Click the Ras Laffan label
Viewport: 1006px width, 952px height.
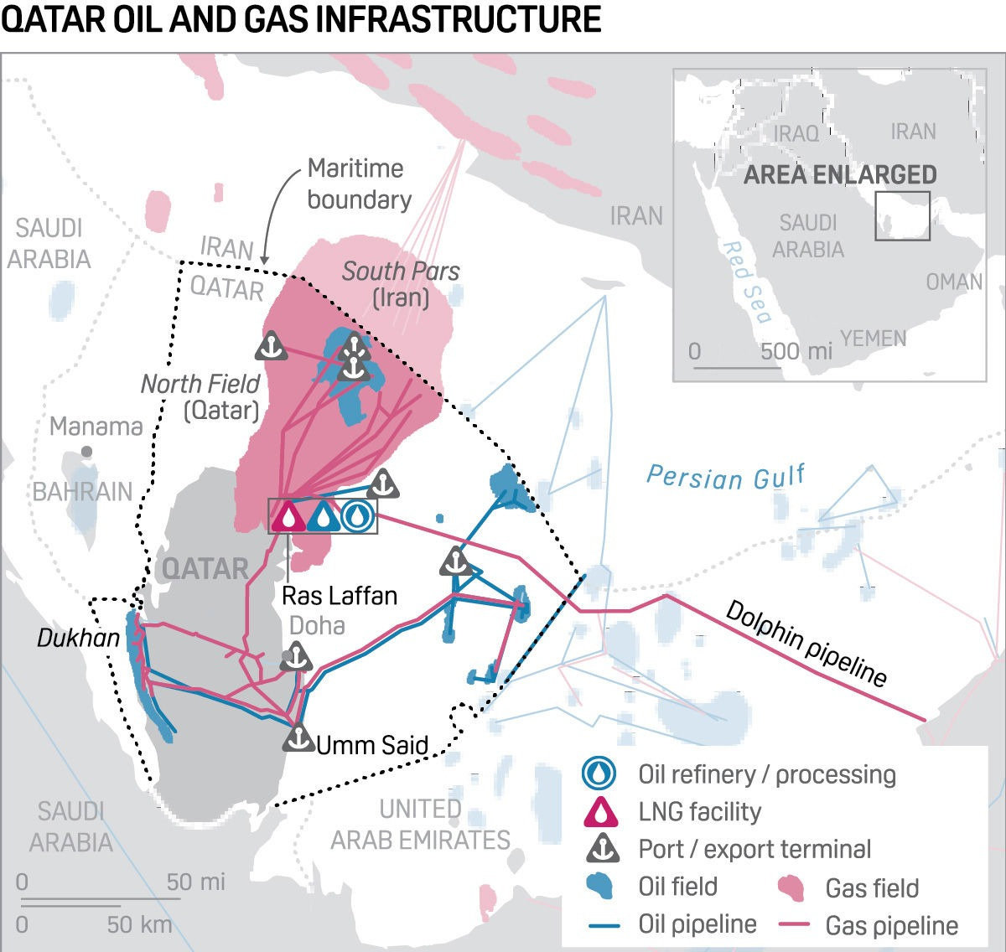pyautogui.click(x=339, y=596)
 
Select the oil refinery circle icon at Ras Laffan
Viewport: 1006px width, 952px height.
pyautogui.click(x=357, y=516)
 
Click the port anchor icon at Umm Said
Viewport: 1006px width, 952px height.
pyautogui.click(x=298, y=737)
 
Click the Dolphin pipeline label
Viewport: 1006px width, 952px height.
pyautogui.click(x=805, y=644)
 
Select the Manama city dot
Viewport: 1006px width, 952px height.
pyautogui.click(x=86, y=452)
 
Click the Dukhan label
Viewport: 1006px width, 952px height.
pyautogui.click(x=79, y=639)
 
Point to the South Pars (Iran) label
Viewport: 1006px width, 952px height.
pyautogui.click(x=401, y=284)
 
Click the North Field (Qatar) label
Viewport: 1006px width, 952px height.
pyautogui.click(x=201, y=396)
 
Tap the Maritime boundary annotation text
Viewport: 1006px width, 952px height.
pyautogui.click(x=358, y=184)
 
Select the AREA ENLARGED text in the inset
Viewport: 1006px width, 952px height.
pyautogui.click(x=840, y=174)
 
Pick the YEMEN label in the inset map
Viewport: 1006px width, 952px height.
pyautogui.click(x=874, y=339)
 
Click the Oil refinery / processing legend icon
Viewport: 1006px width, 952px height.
pyautogui.click(x=599, y=773)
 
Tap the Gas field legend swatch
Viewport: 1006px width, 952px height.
pyautogui.click(x=791, y=887)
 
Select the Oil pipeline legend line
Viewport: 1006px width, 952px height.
pyautogui.click(x=604, y=925)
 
